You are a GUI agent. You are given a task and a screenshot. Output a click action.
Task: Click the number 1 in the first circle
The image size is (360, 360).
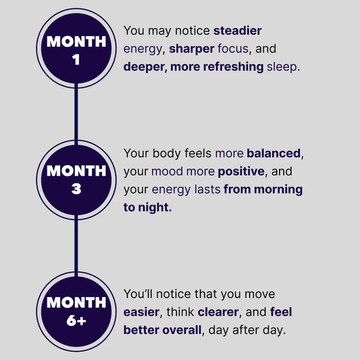pos(76,59)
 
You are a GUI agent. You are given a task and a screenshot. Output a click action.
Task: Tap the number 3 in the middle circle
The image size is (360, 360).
pos(76,189)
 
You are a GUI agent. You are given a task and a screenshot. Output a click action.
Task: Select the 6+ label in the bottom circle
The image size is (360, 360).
pos(76,320)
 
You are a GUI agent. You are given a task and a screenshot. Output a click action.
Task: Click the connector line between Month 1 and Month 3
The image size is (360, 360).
pos(76,114)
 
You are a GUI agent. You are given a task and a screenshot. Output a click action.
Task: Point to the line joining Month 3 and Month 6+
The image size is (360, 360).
pos(76,245)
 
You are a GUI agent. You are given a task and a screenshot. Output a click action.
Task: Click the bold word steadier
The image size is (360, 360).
pos(238,31)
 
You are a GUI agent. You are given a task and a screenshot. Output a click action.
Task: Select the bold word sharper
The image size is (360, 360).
pos(192,49)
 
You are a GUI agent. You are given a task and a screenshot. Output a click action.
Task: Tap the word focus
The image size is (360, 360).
pos(233,49)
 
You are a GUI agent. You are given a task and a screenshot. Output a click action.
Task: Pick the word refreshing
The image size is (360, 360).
pos(233,67)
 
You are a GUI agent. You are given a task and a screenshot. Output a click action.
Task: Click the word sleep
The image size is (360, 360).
pos(283,67)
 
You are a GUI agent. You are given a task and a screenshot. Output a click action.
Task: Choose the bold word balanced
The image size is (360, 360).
pos(274,153)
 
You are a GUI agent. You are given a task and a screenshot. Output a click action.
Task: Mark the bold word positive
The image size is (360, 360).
pos(241,172)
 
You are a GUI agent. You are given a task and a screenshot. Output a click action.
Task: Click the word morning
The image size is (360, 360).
pos(278,190)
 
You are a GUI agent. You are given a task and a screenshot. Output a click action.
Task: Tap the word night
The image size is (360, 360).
pos(155,208)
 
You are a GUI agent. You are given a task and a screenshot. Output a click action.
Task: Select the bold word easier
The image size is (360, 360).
pos(142,312)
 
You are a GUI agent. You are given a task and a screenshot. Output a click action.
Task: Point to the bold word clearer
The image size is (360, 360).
pos(218,312)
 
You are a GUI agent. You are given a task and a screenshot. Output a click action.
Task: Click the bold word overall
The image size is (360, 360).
pos(182,330)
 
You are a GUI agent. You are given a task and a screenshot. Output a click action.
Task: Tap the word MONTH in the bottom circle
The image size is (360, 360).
pos(76,302)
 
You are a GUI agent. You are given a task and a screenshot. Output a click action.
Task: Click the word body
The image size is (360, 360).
pos(166,154)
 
